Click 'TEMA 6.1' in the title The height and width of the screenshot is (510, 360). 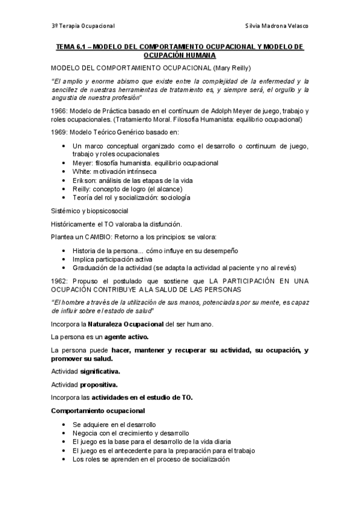tap(71, 46)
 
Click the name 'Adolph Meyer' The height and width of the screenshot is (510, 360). tap(234, 111)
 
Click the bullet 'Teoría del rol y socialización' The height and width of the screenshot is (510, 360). tap(131, 197)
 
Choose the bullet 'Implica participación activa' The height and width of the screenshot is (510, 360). tap(116, 259)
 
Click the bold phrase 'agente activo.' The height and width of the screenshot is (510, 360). tap(127, 337)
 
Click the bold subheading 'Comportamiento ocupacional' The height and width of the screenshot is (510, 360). tap(97, 411)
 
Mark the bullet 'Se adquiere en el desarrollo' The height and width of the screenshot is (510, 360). tap(114, 425)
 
